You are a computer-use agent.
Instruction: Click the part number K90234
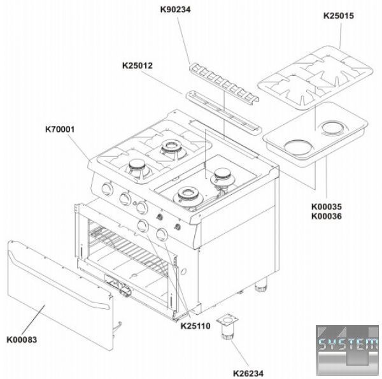click(175, 10)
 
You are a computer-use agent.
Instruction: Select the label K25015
click(339, 15)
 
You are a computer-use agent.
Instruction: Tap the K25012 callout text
click(137, 66)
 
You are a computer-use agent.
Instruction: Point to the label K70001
click(60, 129)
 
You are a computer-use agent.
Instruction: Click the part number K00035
click(327, 206)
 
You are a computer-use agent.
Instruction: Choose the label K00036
click(327, 216)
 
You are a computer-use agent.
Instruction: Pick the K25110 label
click(195, 326)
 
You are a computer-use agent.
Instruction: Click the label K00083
click(22, 340)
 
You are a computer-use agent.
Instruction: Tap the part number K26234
click(248, 373)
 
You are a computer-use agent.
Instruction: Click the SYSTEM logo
click(348, 350)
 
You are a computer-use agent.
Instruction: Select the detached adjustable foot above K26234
click(227, 326)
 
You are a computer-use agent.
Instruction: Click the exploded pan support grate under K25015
click(315, 78)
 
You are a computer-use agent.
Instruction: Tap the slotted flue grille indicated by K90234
click(224, 82)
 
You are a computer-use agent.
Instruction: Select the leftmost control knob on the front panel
click(107, 189)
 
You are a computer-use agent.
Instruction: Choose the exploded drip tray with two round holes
click(315, 134)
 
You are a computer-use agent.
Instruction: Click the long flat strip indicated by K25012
click(223, 112)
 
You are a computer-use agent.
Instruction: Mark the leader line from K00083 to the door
click(33, 320)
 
